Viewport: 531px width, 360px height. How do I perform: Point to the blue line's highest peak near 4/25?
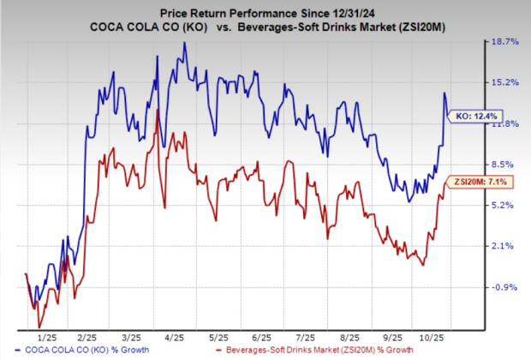pos(183,43)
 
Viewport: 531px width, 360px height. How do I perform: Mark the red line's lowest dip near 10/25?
pos(422,265)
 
